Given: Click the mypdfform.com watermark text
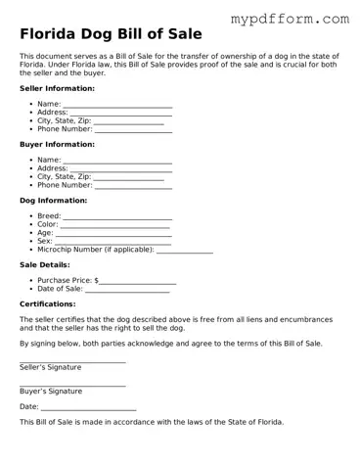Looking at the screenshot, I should tap(289, 19).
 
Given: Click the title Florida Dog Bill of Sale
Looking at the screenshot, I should tap(111, 34).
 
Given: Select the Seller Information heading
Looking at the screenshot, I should tap(57, 88).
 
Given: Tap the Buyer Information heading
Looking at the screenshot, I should tap(57, 144).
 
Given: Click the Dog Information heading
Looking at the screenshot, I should tap(53, 201).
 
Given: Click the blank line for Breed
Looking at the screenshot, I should tap(117, 218).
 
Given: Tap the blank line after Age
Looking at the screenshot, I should tap(112, 235).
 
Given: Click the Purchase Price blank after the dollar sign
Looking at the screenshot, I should tap(137, 283).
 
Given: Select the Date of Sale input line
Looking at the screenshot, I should tap(127, 291).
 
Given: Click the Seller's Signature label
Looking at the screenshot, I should tap(51, 367).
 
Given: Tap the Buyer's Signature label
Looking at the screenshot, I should tap(51, 391).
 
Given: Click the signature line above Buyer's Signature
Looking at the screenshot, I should tap(72, 385).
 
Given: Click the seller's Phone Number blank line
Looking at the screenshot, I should tap(133, 130).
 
